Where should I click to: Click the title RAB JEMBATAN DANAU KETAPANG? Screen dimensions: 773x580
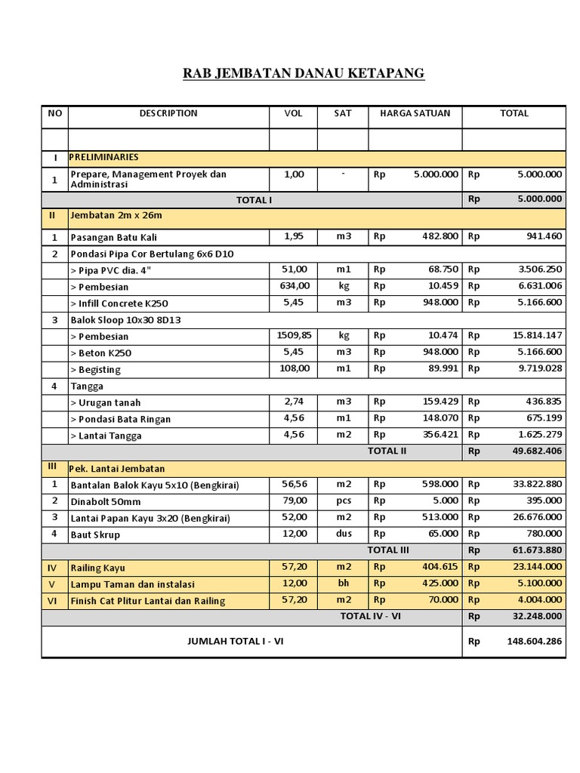(x=304, y=73)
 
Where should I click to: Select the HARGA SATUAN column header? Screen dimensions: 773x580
(x=415, y=113)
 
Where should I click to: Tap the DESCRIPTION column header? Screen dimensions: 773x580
(x=168, y=113)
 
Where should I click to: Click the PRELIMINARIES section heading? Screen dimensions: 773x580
(x=105, y=157)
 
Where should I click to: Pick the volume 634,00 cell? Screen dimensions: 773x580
(x=293, y=286)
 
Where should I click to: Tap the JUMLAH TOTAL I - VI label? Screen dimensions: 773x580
(x=235, y=641)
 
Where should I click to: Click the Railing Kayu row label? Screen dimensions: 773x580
(x=97, y=568)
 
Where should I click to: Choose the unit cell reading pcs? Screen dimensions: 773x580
(x=343, y=500)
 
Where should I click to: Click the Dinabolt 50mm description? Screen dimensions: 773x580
(x=105, y=501)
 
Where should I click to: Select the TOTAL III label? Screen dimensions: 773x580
(x=387, y=550)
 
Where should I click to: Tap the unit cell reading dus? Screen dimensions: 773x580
(x=343, y=534)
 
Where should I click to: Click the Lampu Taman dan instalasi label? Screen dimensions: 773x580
(x=132, y=584)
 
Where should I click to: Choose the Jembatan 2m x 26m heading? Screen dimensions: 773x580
(x=116, y=215)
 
